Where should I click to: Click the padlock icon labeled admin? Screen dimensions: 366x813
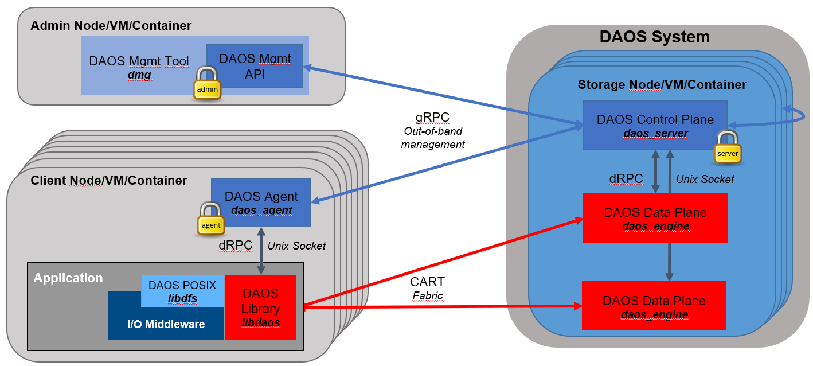pos(207,84)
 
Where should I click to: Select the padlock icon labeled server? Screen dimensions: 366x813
pos(727,148)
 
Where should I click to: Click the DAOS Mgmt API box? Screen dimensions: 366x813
pos(255,66)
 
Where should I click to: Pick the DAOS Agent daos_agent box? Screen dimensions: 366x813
pos(261,203)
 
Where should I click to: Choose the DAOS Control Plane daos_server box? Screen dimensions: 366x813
pos(655,126)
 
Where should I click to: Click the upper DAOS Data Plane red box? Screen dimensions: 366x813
pos(655,218)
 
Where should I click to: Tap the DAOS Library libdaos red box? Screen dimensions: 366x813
pos(261,307)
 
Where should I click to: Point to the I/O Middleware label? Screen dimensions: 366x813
pos(166,325)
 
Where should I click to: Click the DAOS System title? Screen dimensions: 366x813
pos(654,37)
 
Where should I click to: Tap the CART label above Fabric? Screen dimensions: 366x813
pos(427,282)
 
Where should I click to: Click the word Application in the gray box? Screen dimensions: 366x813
pos(68,278)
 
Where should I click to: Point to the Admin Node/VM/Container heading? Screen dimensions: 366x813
pos(111,26)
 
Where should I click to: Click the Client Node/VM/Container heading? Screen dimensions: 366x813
pos(108,181)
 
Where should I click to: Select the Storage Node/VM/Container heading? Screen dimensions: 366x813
pos(662,85)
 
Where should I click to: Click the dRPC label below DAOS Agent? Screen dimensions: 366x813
pos(236,246)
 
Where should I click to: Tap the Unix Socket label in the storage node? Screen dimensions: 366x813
pos(705,179)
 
